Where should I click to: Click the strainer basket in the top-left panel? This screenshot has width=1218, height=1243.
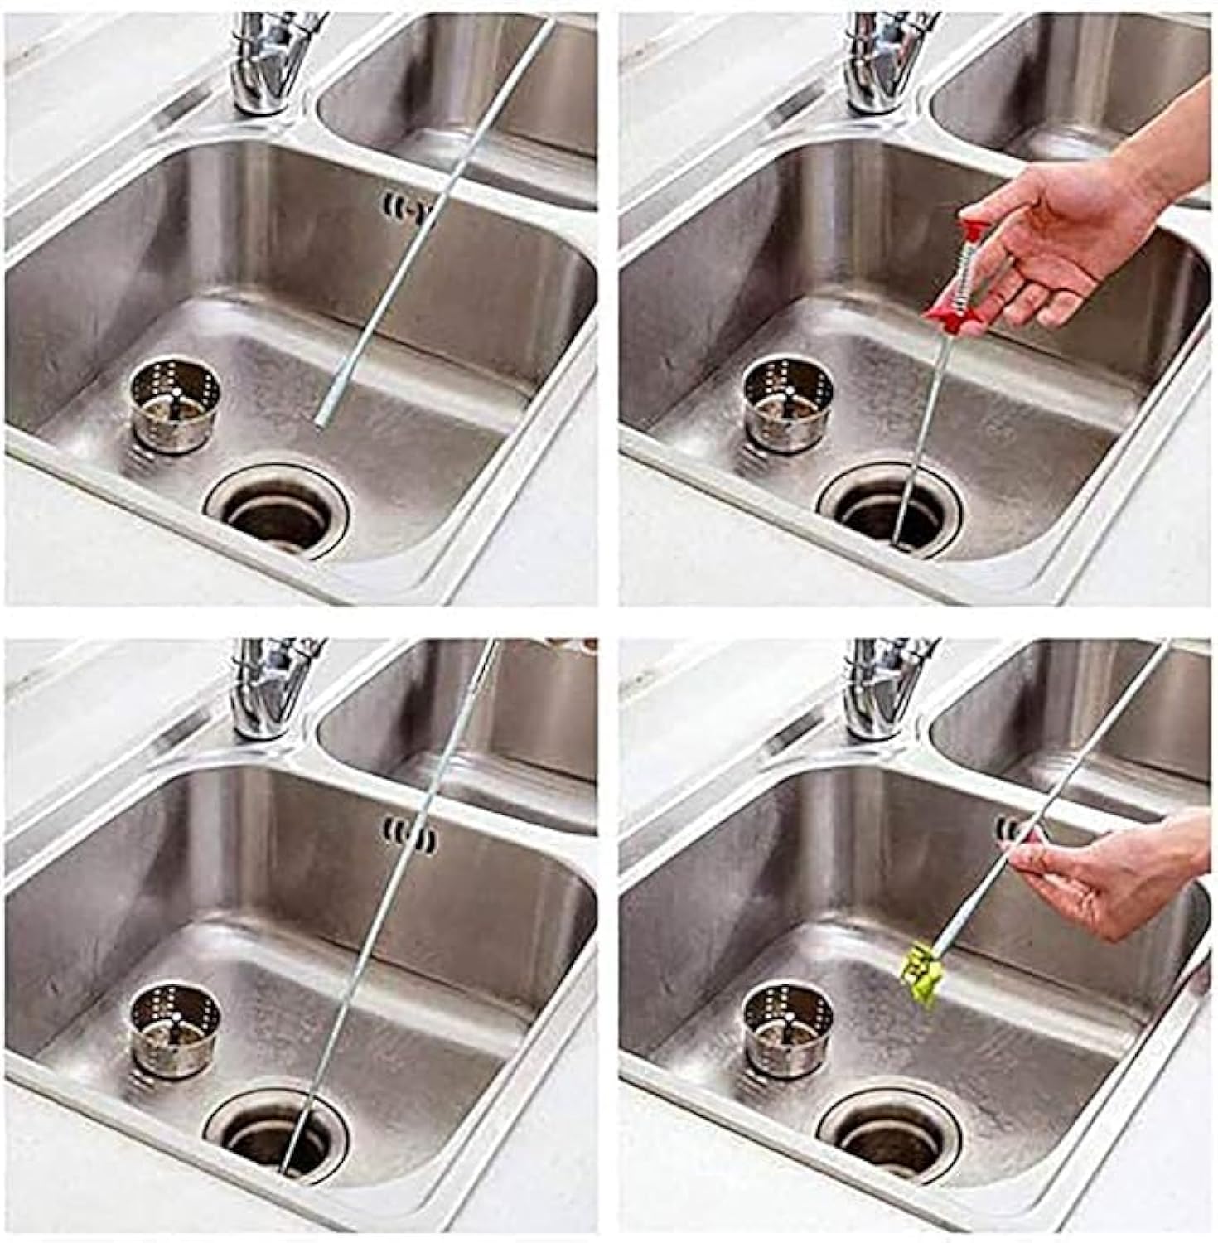(176, 407)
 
